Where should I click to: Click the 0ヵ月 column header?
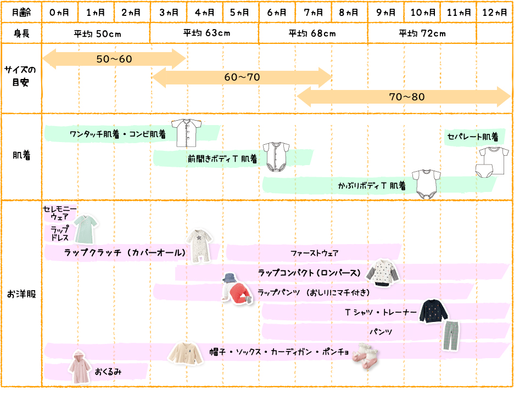coord(60,12)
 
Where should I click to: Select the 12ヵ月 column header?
coord(494,12)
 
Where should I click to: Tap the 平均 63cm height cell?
coord(204,33)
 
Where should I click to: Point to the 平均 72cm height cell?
coord(422,33)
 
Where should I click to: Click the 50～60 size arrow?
coord(114,59)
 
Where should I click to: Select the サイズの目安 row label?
coord(21,77)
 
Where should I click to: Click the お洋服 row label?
coord(21,294)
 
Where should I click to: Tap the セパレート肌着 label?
coord(472,136)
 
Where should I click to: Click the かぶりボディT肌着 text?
coord(372,186)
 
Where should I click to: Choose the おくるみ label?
coord(108,371)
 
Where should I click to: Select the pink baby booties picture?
coord(365,355)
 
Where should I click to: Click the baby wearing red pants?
coord(236,288)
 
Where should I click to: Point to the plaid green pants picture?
coord(451,336)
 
